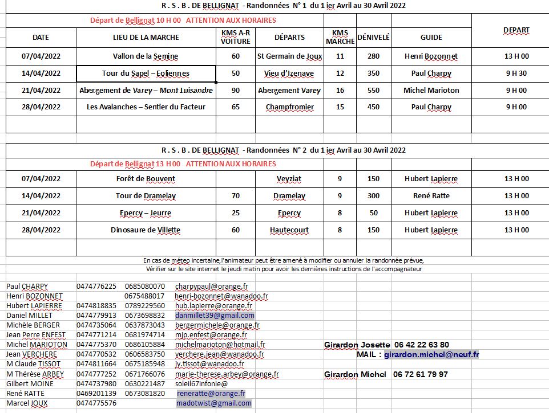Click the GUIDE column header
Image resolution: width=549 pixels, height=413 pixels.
coord(431,37)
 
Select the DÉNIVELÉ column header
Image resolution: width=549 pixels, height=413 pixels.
coord(373,37)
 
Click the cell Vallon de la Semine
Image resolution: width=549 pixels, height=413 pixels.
coord(146,56)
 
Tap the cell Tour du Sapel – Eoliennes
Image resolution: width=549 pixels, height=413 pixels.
coord(146,73)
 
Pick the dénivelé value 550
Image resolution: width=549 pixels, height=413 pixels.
coord(373,91)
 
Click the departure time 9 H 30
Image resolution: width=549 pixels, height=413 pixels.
coord(516,73)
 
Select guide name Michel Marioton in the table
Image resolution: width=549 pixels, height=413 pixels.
coord(431,91)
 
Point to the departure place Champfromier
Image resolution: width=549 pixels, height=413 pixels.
coord(289,107)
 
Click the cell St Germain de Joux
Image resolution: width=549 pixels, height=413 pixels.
coord(289,56)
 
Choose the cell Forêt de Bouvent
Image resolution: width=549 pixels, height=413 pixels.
coord(146,179)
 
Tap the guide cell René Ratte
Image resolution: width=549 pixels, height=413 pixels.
coord(431,196)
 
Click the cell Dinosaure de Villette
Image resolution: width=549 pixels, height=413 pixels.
coord(146,230)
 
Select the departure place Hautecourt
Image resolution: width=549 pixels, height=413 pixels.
coord(289,230)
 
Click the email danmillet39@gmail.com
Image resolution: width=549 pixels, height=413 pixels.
coord(215,316)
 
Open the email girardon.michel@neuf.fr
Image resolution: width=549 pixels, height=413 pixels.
coord(431,354)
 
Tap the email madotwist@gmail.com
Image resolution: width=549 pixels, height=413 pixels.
coord(214,403)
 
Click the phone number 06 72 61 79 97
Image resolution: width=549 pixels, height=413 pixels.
coord(421,374)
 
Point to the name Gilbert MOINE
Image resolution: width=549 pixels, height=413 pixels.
coord(30,384)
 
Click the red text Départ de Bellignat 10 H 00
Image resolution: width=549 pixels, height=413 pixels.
coord(135,21)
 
